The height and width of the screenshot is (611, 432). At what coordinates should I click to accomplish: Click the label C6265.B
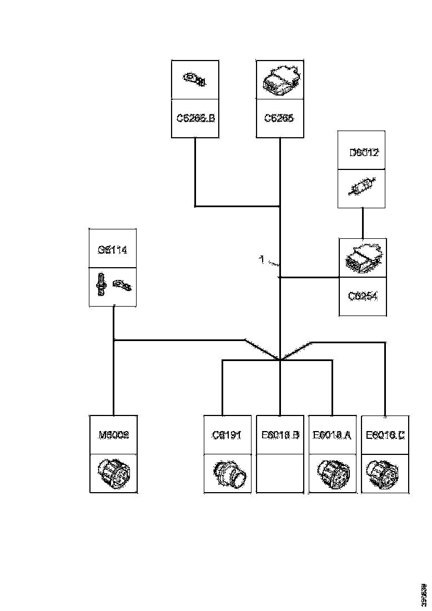point(195,118)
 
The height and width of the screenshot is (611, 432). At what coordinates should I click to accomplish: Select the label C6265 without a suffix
point(279,118)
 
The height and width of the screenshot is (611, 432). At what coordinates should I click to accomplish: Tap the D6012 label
point(363,152)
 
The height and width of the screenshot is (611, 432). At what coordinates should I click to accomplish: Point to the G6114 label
point(113,250)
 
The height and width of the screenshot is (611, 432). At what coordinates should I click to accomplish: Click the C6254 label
point(363,296)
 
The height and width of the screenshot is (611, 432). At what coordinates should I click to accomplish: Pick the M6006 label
point(113,434)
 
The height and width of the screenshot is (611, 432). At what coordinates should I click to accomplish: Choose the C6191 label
point(227,434)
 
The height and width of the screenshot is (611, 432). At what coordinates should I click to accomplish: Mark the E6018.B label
point(279,434)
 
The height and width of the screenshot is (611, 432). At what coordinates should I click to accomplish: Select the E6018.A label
point(332,434)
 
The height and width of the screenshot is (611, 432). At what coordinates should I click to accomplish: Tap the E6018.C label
point(385,434)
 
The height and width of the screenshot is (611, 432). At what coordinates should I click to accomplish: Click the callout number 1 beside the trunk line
point(262,259)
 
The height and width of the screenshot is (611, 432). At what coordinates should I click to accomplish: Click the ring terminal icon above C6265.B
point(195,79)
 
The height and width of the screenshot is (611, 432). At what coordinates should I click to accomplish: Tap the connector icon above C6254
point(363,258)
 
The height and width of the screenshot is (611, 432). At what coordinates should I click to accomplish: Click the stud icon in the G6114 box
point(101,284)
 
